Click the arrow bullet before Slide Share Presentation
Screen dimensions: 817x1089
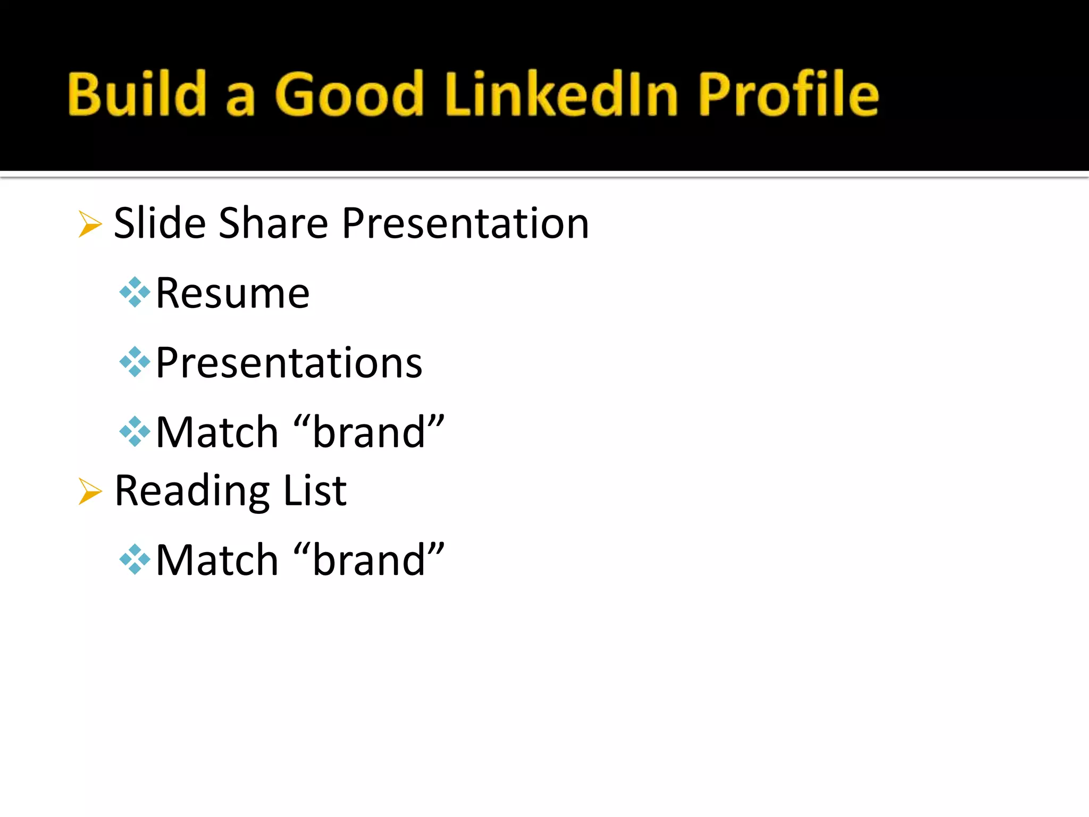(90, 223)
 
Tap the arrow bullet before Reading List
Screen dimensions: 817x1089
(90, 490)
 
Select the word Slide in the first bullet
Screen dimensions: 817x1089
(160, 223)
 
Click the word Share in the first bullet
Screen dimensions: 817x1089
(273, 223)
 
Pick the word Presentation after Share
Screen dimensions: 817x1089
(465, 223)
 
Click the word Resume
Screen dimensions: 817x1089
(232, 293)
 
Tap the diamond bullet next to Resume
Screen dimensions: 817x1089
(135, 292)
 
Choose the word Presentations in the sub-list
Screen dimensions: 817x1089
(289, 363)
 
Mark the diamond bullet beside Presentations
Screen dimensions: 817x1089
(135, 362)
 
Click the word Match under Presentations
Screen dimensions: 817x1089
(217, 432)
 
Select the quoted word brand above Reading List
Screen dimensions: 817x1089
(368, 432)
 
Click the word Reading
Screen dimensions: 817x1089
(192, 491)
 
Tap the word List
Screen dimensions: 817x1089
(315, 490)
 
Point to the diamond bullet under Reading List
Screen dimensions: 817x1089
(135, 560)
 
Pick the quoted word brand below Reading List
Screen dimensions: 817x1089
(368, 560)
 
